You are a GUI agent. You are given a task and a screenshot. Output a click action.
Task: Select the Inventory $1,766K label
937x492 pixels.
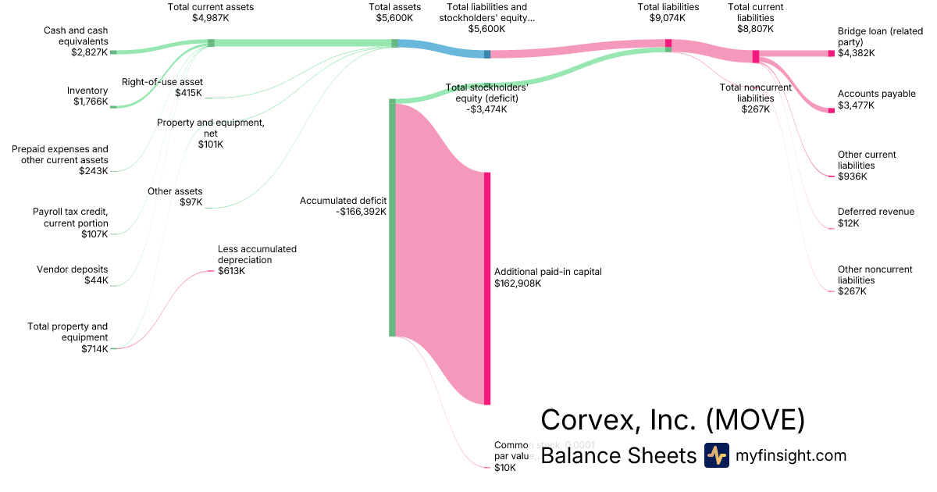[87, 96]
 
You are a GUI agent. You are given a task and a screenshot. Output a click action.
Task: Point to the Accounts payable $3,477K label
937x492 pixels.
[876, 99]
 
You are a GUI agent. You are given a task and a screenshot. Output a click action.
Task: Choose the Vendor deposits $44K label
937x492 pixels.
[73, 275]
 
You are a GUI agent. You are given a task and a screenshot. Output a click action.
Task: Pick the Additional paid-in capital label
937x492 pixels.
[547, 277]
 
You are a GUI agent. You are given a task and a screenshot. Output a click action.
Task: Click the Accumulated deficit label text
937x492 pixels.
[343, 206]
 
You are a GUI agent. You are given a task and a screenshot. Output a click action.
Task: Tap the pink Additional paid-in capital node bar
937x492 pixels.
[487, 288]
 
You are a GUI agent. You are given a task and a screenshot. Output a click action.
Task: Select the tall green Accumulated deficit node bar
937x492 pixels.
[393, 219]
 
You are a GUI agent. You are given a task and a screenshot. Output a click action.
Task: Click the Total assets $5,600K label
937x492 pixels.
[394, 12]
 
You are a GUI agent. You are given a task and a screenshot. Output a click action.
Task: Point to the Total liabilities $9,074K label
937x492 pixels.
[668, 12]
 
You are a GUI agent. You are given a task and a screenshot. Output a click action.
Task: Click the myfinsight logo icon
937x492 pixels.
[716, 455]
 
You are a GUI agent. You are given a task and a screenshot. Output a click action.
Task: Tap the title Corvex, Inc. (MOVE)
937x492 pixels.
[672, 420]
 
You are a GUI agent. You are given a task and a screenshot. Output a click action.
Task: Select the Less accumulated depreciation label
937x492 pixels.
[257, 260]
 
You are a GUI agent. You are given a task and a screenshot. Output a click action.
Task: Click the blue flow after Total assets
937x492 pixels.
[441, 49]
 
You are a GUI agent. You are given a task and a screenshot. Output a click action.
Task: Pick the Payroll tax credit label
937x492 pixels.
[70, 223]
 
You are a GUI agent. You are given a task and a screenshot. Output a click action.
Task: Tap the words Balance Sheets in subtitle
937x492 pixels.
[618, 455]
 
